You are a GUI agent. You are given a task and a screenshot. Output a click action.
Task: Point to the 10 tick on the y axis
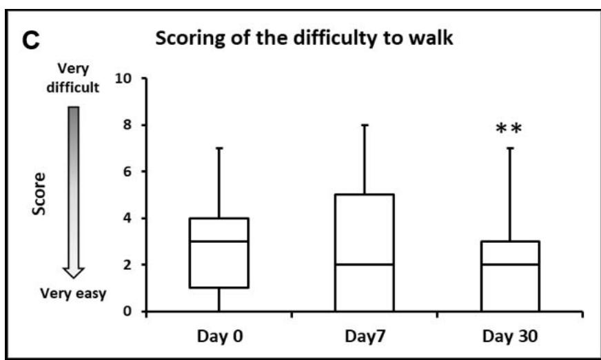(125, 79)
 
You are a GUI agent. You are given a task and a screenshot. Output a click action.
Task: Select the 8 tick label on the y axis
(129, 126)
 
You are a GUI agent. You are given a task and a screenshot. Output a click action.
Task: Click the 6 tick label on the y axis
(129, 172)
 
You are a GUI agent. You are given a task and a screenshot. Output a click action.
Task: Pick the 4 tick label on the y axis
(129, 219)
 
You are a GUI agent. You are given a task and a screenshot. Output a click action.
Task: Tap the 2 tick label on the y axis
(129, 265)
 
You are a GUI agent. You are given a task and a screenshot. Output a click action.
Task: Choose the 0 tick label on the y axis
(129, 312)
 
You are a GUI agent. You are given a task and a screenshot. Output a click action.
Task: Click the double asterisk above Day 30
(510, 131)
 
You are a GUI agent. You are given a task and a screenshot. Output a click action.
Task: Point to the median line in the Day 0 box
(218, 241)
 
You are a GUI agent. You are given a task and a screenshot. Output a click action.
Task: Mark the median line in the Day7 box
(365, 264)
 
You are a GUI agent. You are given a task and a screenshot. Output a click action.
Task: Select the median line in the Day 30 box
(510, 264)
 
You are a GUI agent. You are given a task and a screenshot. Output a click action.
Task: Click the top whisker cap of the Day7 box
(365, 125)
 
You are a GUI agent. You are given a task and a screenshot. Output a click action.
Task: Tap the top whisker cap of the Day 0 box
(218, 148)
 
